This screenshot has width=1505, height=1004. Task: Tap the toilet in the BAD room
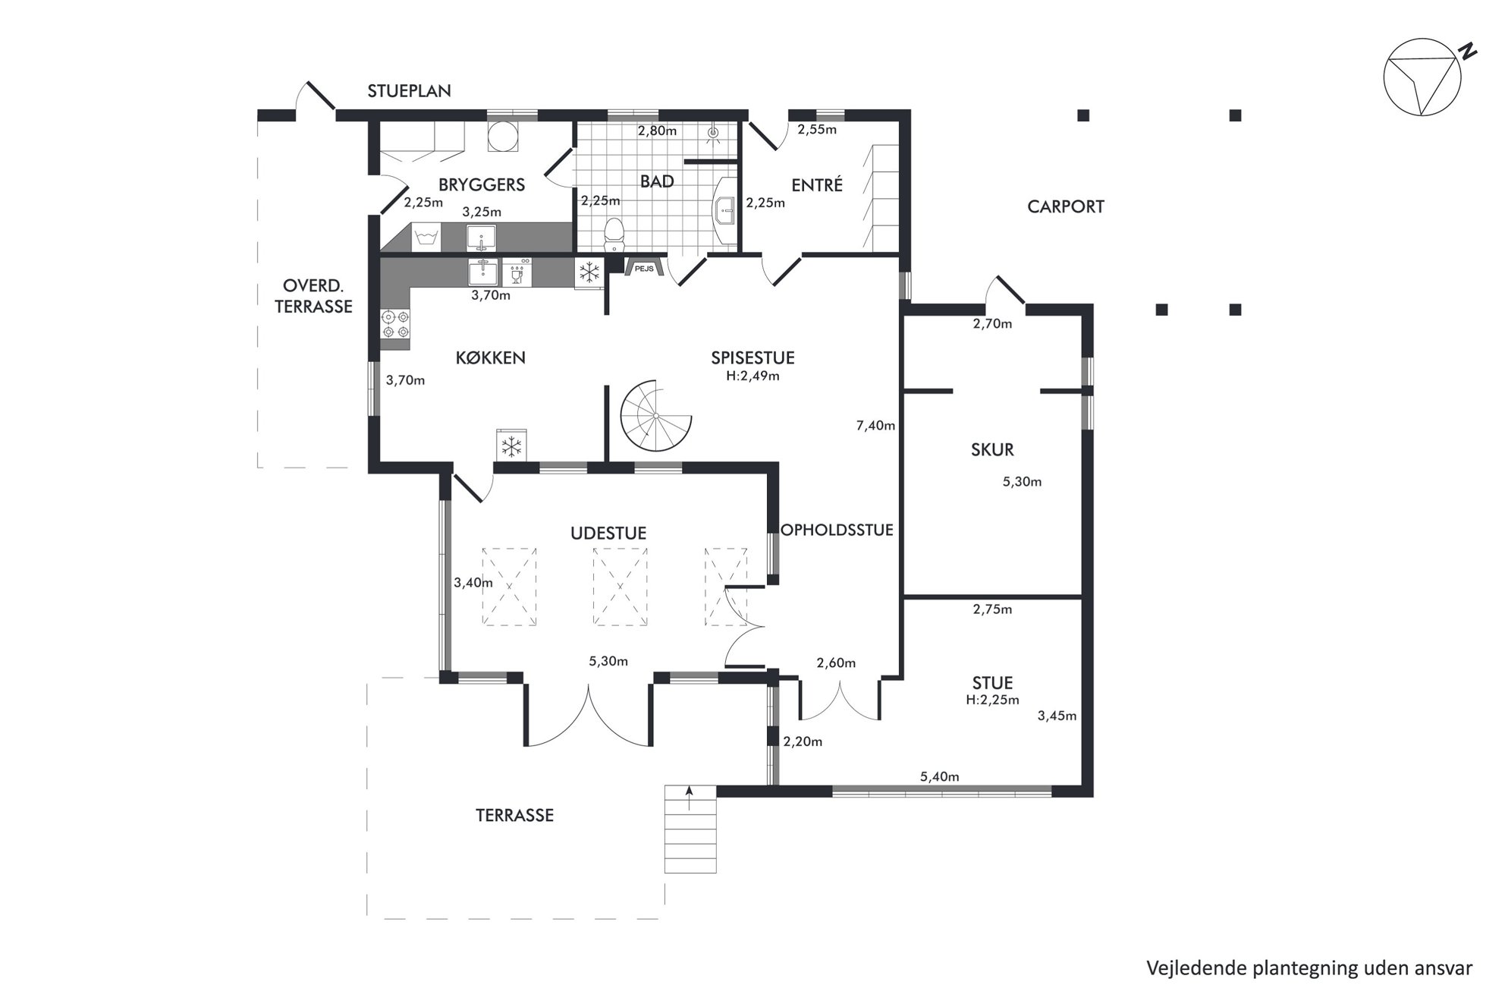(x=613, y=234)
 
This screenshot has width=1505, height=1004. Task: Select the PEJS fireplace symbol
(x=645, y=266)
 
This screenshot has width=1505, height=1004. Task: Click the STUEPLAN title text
(x=409, y=91)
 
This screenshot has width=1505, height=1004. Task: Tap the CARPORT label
(x=1065, y=206)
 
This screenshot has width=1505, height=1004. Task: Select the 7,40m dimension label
(x=875, y=426)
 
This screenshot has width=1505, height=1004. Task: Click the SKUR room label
(x=992, y=449)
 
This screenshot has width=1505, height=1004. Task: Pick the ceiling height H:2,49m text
(x=752, y=376)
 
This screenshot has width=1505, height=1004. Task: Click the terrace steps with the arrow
(x=690, y=829)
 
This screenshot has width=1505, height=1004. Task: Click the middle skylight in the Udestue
(x=620, y=587)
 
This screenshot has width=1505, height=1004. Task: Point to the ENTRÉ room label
(x=817, y=185)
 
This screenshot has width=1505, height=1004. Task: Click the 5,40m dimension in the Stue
(x=939, y=777)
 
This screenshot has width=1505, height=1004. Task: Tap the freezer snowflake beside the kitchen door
(x=513, y=445)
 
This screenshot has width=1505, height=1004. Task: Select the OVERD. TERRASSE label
(x=313, y=296)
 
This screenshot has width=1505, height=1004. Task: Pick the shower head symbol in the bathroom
(x=712, y=134)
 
